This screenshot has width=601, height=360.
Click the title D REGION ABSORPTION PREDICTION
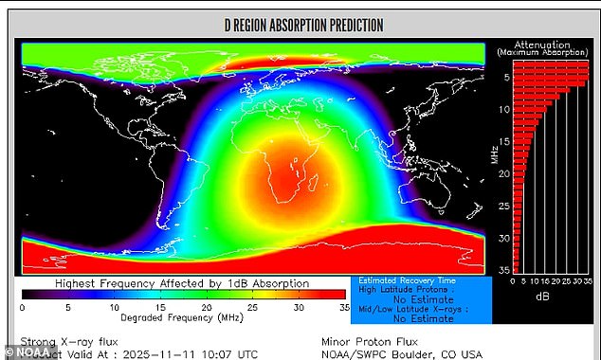click(302, 25)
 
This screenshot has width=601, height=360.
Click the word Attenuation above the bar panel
click(542, 44)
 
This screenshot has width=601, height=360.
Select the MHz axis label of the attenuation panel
click(494, 152)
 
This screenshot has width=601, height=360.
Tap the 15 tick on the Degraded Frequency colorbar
click(158, 307)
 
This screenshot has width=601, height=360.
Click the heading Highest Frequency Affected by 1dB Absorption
click(181, 283)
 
